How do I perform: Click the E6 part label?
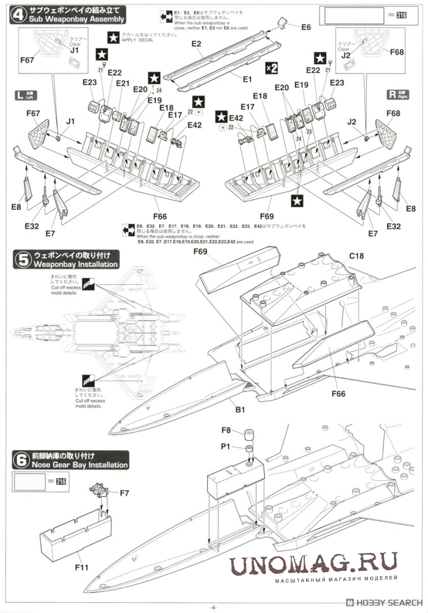point(306,28)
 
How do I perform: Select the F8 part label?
point(226,430)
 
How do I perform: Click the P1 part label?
point(226,447)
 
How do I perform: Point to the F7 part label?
point(125,493)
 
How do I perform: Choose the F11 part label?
point(81,566)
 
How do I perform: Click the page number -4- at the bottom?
point(214,606)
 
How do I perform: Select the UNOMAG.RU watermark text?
point(313,563)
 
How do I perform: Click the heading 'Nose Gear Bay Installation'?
point(81,465)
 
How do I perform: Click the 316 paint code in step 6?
point(60,481)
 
